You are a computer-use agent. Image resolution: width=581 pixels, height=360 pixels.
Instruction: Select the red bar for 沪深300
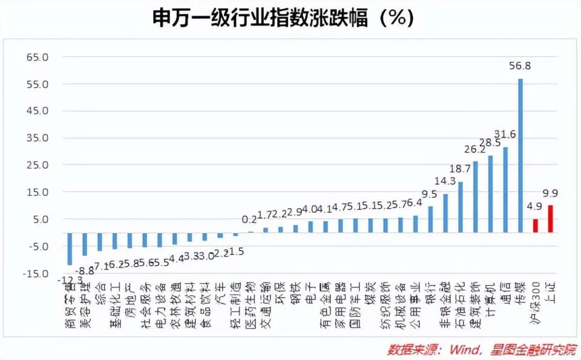click(535, 226)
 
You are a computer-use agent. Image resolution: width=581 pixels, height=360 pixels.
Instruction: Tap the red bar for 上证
click(550, 219)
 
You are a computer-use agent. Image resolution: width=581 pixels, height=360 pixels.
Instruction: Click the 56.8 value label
click(520, 66)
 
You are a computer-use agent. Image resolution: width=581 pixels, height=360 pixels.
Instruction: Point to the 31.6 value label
click(505, 134)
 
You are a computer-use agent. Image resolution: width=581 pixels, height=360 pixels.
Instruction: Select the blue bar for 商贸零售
click(70, 249)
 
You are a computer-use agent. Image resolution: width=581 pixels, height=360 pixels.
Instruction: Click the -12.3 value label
click(70, 280)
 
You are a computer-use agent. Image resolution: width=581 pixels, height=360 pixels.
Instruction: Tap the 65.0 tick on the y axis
click(38, 57)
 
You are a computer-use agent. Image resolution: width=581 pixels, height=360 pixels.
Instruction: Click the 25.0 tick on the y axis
click(38, 165)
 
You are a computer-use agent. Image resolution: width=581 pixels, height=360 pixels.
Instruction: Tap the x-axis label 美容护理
click(85, 300)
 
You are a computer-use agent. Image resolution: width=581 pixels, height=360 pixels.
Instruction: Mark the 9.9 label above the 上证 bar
click(550, 193)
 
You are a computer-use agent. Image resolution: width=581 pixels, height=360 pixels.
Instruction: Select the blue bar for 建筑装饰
click(476, 197)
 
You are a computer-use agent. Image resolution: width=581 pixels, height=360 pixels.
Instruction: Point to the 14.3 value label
click(445, 181)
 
